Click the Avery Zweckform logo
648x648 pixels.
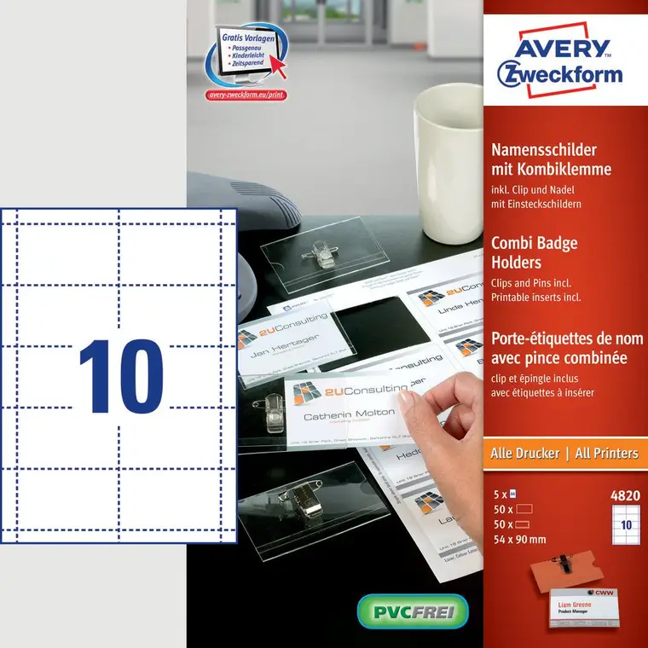(x=559, y=61)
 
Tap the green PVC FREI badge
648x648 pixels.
(x=413, y=610)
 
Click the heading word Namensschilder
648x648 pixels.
(x=543, y=149)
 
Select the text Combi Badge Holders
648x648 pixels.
(x=535, y=252)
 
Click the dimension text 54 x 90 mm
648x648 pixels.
(x=519, y=539)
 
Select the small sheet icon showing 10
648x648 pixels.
(x=625, y=524)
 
